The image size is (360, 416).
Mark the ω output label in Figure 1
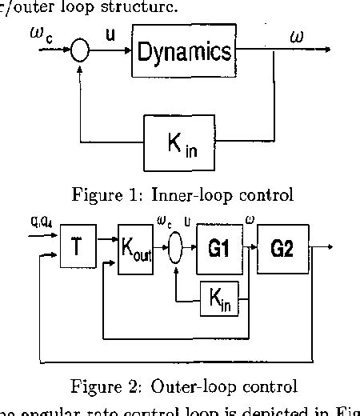click(297, 36)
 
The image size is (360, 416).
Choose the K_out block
click(136, 250)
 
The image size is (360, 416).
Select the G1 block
click(218, 249)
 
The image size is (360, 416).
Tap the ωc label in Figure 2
click(169, 222)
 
